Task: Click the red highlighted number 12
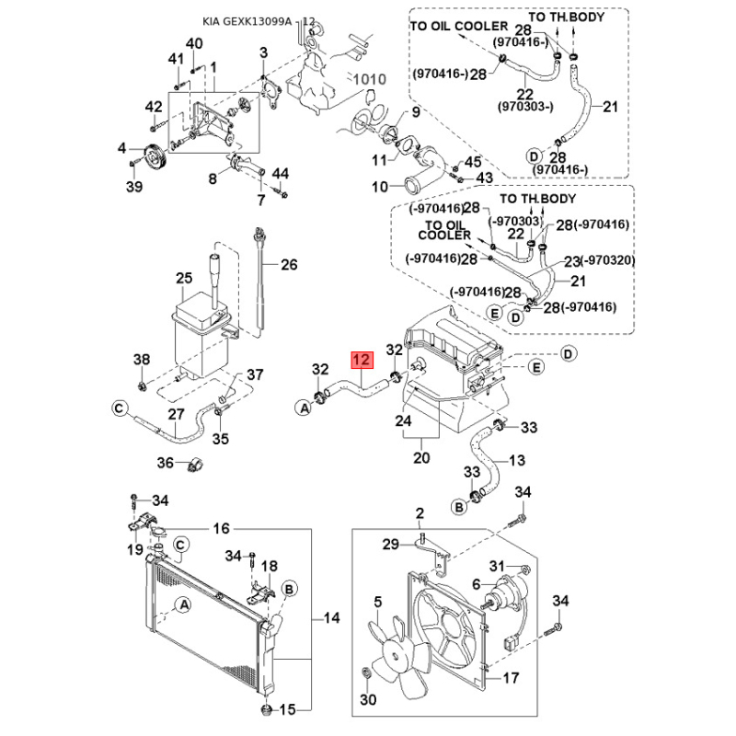(x=362, y=361)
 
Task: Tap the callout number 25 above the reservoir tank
(x=184, y=279)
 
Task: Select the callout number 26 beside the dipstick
(x=289, y=265)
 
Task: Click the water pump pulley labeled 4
(x=154, y=157)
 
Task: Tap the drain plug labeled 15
(x=267, y=709)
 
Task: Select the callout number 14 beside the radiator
(x=331, y=617)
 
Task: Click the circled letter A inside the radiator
(x=185, y=605)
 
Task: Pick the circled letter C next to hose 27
(x=120, y=408)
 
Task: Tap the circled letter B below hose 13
(x=459, y=507)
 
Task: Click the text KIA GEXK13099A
(x=247, y=21)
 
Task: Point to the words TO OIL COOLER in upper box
(x=459, y=27)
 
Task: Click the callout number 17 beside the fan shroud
(x=512, y=678)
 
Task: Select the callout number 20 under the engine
(x=421, y=457)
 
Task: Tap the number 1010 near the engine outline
(x=370, y=79)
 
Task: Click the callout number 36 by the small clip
(x=166, y=463)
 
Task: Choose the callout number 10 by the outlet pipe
(x=380, y=187)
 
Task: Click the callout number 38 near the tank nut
(x=142, y=360)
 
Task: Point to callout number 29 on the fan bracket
(x=390, y=544)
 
